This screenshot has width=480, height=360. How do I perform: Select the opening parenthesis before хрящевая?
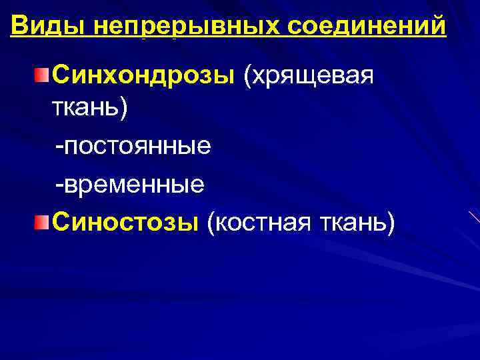coord(248,76)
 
